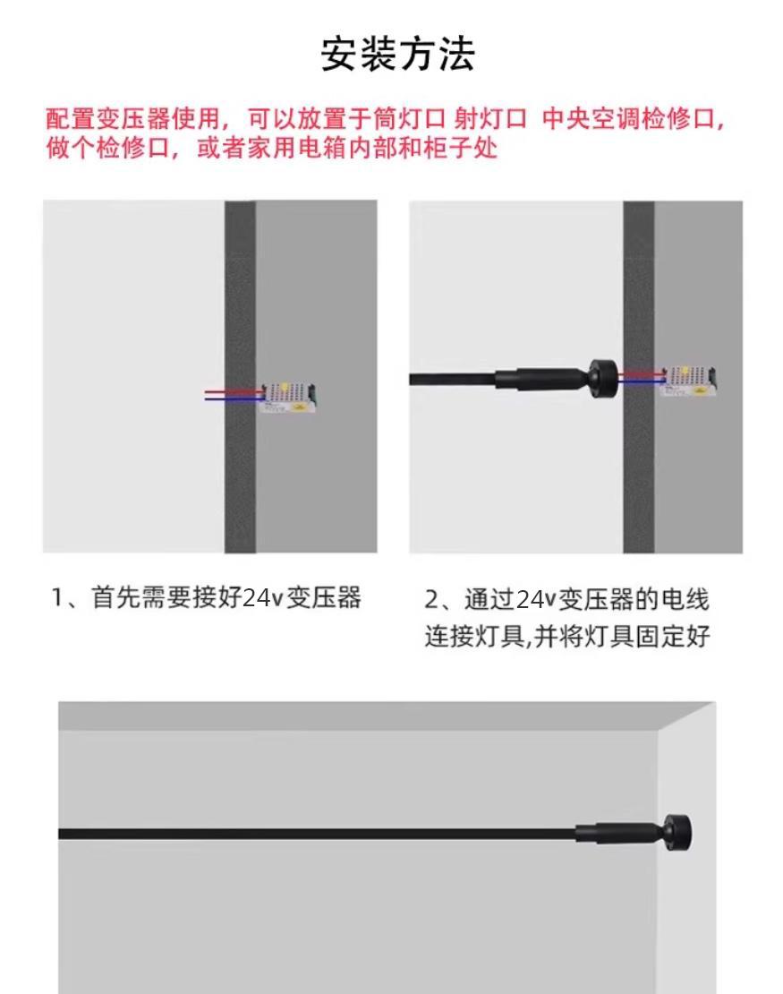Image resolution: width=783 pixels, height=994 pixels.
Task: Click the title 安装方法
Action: click(x=397, y=54)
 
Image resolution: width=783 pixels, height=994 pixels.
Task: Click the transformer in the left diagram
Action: click(x=288, y=398)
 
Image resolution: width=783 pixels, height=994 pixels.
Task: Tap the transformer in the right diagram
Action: click(x=688, y=381)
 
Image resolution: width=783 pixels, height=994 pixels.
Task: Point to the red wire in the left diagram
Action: click(x=234, y=391)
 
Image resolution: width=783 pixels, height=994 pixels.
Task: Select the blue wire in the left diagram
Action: click(x=234, y=399)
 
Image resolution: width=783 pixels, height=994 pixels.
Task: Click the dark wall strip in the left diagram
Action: click(x=240, y=376)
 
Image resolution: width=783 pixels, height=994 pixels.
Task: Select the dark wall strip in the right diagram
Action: click(x=639, y=376)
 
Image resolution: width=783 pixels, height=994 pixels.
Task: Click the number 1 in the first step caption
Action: click(x=57, y=598)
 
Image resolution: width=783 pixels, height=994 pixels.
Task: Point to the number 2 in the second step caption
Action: click(x=430, y=600)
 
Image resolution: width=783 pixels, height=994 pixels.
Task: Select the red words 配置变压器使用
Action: click(x=133, y=118)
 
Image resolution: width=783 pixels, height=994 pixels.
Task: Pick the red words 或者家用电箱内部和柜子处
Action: click(x=346, y=149)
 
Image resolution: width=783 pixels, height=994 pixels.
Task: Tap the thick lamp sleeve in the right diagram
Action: click(x=539, y=379)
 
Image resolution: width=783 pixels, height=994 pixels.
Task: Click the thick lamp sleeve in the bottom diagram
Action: click(x=617, y=833)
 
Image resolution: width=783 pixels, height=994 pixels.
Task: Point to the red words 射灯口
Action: click(x=489, y=118)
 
